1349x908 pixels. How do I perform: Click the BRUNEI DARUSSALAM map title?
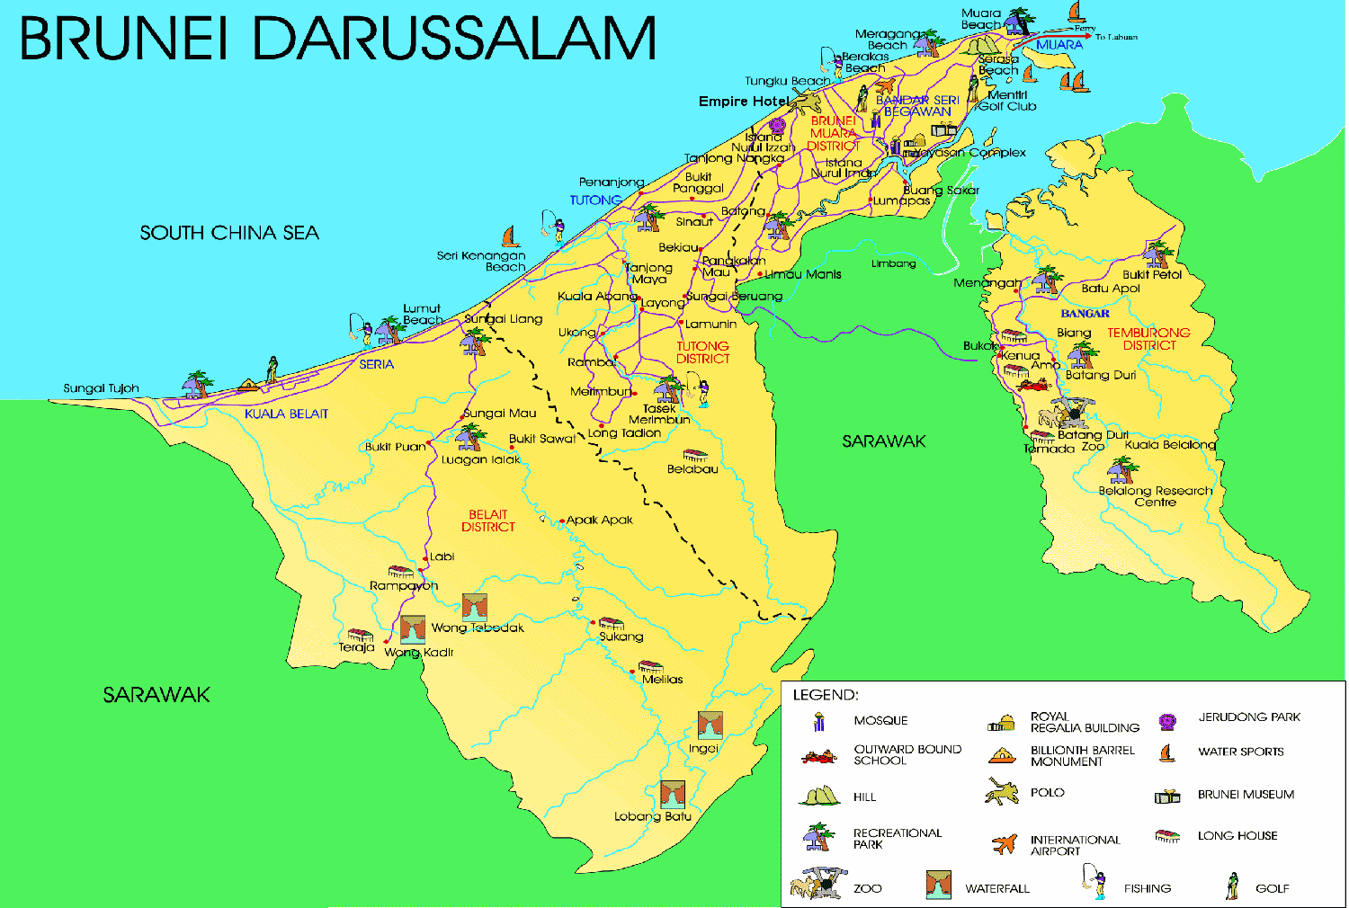(x=337, y=39)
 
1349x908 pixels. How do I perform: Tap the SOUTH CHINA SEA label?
(x=229, y=233)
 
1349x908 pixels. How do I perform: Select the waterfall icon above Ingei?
(x=710, y=725)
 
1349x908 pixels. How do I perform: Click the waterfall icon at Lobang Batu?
(x=673, y=795)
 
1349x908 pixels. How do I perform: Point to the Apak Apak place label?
(x=599, y=520)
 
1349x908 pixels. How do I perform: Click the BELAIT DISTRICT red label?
(x=488, y=521)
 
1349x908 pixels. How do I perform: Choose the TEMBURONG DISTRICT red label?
(x=1148, y=339)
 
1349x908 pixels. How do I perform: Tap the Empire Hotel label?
(x=744, y=102)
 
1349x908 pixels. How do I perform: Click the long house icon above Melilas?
(x=650, y=667)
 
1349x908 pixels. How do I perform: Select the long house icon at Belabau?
(x=694, y=456)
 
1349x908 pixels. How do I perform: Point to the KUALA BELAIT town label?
(x=286, y=414)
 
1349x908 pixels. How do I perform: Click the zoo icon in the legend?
(x=818, y=885)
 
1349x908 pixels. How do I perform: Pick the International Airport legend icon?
(x=1004, y=843)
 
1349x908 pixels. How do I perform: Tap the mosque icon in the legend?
(x=818, y=721)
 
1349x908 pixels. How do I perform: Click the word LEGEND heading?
(x=825, y=695)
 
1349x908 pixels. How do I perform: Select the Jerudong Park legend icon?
(x=1167, y=721)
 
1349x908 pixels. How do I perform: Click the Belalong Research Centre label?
(x=1155, y=496)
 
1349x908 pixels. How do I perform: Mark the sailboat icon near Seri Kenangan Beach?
(x=511, y=237)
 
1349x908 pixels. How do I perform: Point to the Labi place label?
(x=442, y=556)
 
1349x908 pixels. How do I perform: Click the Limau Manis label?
(x=802, y=274)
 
